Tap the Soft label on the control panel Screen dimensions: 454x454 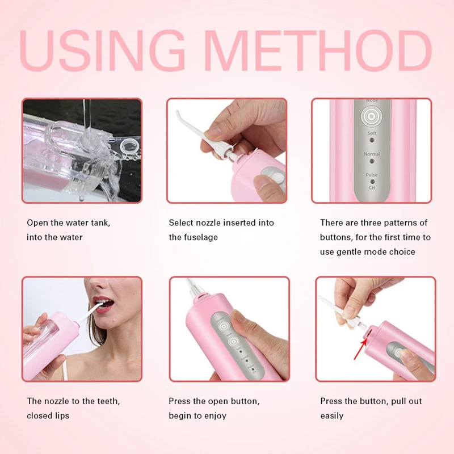coord(372,133)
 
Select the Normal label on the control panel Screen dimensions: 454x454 coord(372,154)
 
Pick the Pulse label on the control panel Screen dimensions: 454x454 coord(372,175)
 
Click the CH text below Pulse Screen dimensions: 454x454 coord(372,187)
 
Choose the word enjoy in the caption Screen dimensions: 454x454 coord(213,416)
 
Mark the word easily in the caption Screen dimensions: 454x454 coord(332,416)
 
